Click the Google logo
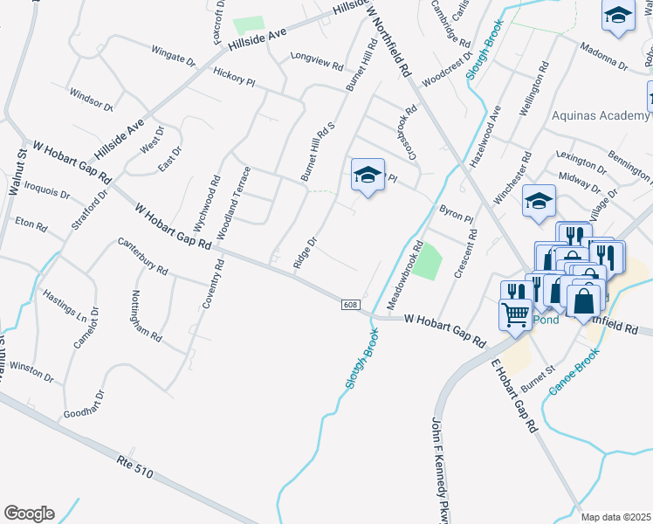(x=29, y=514)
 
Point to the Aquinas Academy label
(x=601, y=115)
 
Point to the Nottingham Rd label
(x=147, y=315)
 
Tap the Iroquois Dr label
(x=45, y=189)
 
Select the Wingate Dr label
(x=173, y=56)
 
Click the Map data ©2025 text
(x=616, y=517)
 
